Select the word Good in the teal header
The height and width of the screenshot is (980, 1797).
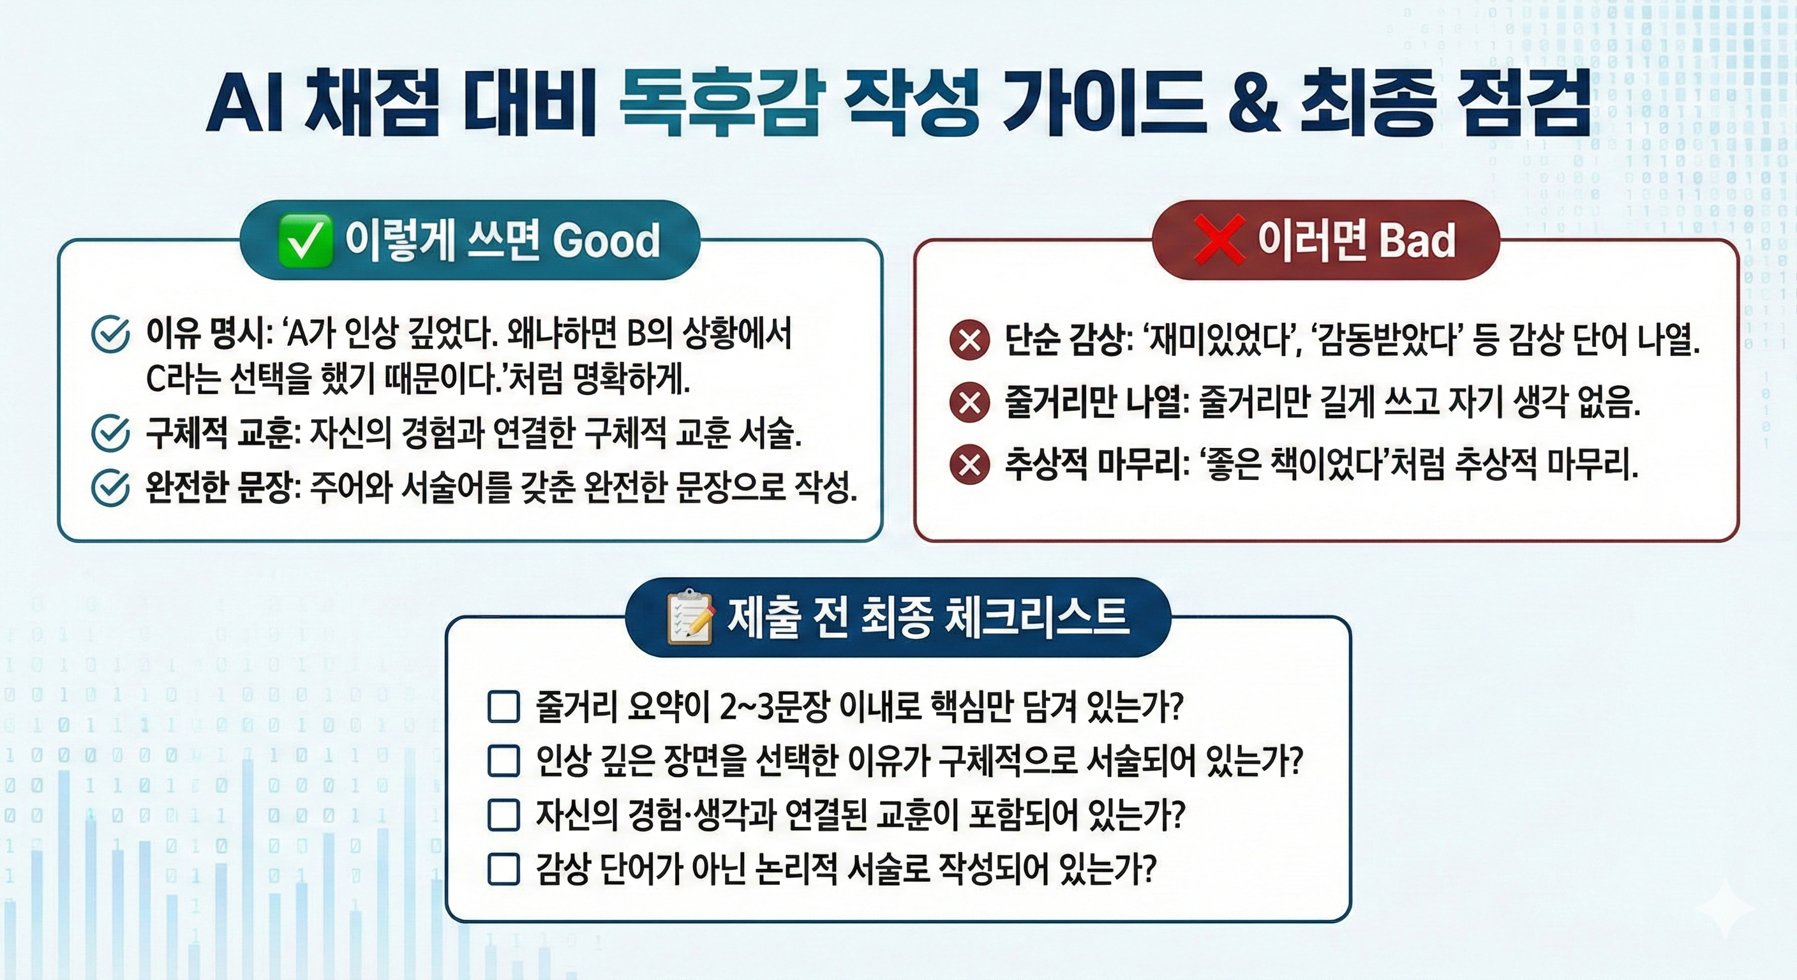pos(606,241)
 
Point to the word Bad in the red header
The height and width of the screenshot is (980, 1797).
pos(1417,241)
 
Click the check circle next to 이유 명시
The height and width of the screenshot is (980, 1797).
pos(110,335)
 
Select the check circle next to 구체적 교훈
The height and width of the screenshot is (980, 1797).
pos(110,434)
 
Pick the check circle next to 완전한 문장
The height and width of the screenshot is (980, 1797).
pos(110,488)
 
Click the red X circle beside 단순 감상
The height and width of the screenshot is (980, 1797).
pos(969,341)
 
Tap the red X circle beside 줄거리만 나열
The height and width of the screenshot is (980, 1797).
pos(969,403)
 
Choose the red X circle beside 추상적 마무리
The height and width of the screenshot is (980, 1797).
pos(969,465)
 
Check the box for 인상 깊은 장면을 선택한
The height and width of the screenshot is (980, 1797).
pos(503,761)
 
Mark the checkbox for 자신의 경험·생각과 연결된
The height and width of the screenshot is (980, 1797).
pos(503,815)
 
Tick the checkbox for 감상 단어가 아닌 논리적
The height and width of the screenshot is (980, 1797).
pos(503,870)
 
